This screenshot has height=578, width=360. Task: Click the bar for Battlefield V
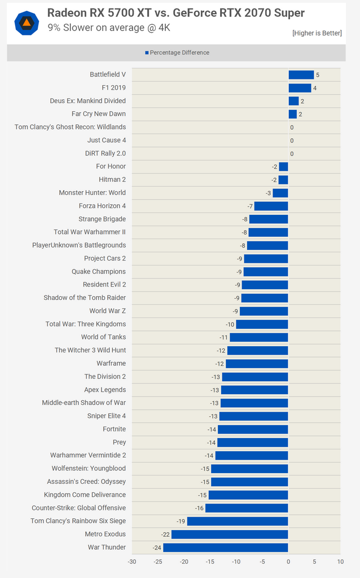coord(301,74)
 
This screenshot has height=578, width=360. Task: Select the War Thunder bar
coord(225,548)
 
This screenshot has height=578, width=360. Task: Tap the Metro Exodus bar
coord(230,534)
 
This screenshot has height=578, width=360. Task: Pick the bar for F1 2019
coord(300,88)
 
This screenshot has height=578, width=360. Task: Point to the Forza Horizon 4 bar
coord(271,206)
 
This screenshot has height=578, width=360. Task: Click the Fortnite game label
coord(114,429)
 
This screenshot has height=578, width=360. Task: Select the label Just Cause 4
coord(107,140)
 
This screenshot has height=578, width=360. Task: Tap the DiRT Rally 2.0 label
coord(106,153)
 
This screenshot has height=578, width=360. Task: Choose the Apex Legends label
coord(105,390)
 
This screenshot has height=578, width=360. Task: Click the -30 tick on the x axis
coord(131,562)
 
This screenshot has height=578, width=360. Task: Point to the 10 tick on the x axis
coord(340,562)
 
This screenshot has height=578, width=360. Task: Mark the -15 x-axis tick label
coord(210,562)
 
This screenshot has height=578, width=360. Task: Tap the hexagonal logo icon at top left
coord(26,23)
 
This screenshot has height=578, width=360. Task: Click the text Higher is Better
coord(317,33)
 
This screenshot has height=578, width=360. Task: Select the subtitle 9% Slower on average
coord(108,27)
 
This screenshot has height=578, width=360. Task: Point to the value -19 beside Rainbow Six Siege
coord(181,521)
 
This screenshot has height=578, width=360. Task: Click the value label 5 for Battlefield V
coord(318,75)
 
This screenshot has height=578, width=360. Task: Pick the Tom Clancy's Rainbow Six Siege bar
coord(238,521)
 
